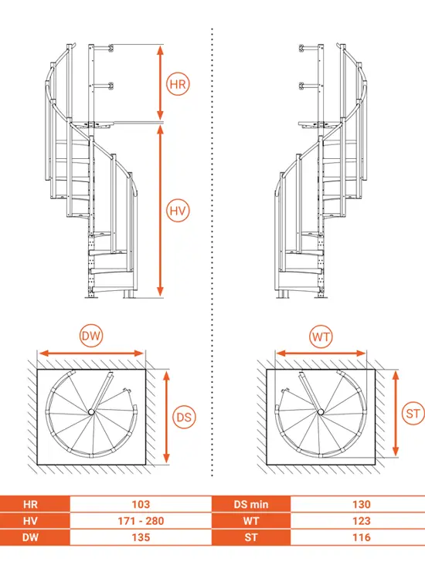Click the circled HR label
178,84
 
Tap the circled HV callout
178,211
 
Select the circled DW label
91,336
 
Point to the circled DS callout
184,417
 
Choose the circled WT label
321,337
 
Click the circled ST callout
413,413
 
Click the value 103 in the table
141,504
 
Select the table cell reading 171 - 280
141,521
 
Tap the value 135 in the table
141,537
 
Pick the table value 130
362,504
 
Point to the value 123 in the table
362,521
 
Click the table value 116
362,537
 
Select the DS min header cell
251,504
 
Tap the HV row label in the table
30,521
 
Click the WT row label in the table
251,521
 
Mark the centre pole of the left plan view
91,412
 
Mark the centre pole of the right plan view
321,412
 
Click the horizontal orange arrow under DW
91,353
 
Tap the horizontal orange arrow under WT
321,353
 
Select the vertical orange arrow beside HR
160,82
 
